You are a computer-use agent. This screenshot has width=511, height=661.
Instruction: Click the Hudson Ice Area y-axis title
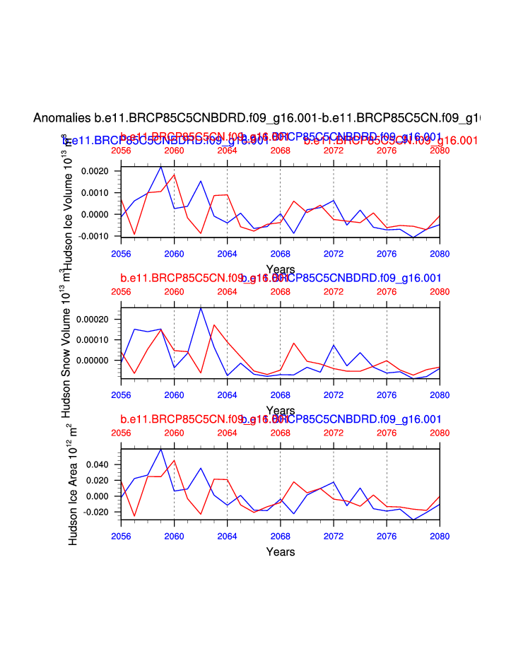pos(73,489)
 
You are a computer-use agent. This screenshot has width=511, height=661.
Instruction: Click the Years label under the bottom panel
pos(281,551)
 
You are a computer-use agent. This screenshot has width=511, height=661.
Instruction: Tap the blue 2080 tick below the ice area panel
pos(440,532)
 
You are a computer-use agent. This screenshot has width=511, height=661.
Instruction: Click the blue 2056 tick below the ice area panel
pos(121,532)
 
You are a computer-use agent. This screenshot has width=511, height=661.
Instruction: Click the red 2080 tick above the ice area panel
pos(440,433)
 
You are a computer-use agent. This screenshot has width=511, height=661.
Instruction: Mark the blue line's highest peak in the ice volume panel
pos(161,166)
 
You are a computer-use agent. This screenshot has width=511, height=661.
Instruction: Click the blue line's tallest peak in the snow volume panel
pos(201,308)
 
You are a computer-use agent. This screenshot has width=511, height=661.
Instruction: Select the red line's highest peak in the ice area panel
pos(174,460)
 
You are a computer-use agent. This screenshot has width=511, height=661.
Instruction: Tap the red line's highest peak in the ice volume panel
pos(174,174)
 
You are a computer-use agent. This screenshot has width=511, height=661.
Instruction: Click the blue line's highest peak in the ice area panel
pos(161,449)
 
